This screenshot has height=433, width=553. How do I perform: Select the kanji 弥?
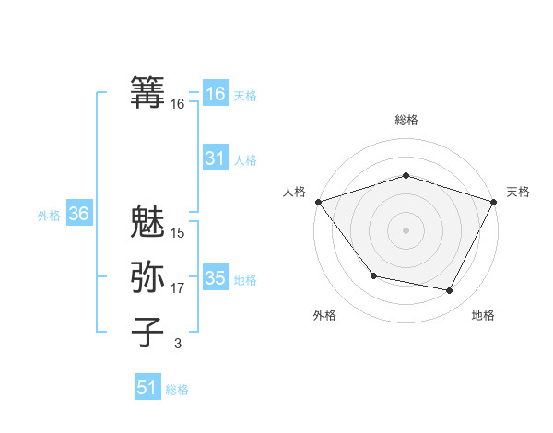(x=148, y=276)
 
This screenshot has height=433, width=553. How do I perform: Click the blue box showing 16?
(x=215, y=94)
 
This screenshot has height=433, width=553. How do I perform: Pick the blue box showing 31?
(x=215, y=158)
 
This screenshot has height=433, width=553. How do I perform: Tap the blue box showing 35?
(x=215, y=278)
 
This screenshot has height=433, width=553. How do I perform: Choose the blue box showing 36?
(x=78, y=215)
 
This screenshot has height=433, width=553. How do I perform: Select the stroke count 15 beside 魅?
(x=178, y=233)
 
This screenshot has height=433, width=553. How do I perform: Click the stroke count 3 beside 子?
(x=178, y=344)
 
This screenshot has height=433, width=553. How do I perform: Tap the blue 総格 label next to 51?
(x=177, y=390)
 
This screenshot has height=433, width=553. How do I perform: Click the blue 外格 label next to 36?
(x=49, y=216)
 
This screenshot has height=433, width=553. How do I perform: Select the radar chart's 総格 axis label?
(x=406, y=120)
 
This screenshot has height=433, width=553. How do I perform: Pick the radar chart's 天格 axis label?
(x=519, y=192)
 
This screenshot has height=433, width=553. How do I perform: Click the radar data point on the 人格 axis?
(x=318, y=202)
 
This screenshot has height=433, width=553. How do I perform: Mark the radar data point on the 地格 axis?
(x=450, y=291)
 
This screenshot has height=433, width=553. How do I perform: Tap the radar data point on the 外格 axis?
(x=373, y=275)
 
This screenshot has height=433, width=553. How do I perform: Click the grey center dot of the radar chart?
(x=406, y=229)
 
